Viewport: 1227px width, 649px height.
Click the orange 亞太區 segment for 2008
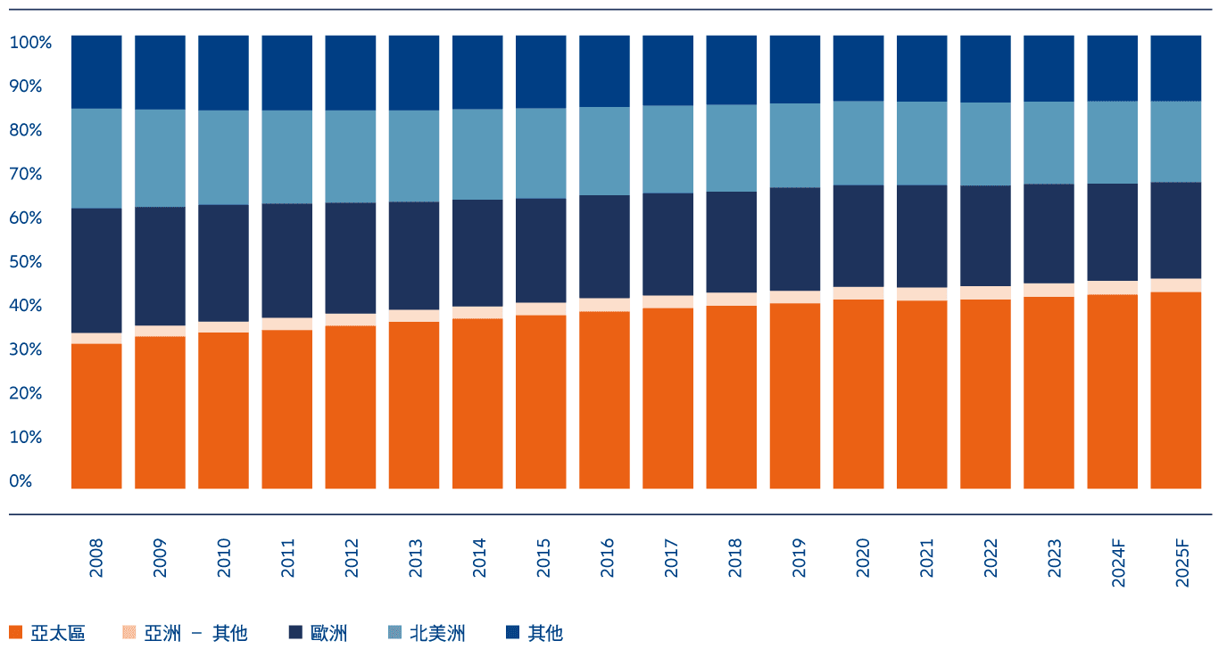click(96, 415)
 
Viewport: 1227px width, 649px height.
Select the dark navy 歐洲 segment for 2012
click(350, 258)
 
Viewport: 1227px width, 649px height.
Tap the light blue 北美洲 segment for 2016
click(604, 151)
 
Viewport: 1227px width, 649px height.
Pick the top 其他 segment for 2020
click(858, 68)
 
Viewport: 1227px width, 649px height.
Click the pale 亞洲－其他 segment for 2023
click(1049, 290)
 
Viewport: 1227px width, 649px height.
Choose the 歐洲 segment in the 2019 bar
click(794, 239)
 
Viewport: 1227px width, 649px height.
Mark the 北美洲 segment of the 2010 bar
click(223, 157)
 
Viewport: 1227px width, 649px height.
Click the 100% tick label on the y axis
click(31, 42)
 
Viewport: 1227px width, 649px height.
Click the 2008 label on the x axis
click(96, 556)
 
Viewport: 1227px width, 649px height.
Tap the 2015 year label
click(541, 556)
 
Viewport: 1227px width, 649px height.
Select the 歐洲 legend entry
click(328, 633)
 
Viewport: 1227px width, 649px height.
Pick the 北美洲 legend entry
click(437, 633)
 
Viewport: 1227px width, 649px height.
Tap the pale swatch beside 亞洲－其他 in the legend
click(129, 633)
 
